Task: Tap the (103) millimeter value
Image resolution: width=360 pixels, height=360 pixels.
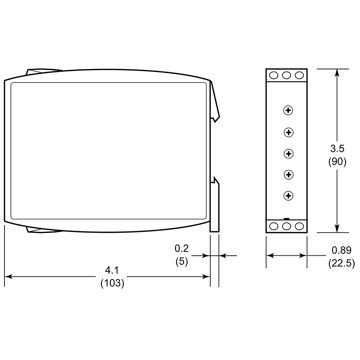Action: click(112, 283)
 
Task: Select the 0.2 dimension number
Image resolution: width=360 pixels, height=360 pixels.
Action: click(182, 249)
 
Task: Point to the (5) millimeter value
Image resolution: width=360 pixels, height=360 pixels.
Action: click(182, 261)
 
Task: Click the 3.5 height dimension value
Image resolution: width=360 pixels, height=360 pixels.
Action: click(337, 148)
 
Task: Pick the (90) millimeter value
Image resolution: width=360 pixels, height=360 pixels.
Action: click(337, 162)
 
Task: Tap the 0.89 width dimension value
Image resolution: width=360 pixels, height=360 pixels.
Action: click(341, 250)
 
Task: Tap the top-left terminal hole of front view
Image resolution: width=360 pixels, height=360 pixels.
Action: click(274, 75)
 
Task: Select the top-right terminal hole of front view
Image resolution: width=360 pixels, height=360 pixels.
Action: click(299, 75)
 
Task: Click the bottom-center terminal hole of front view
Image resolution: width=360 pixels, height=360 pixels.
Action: click(287, 226)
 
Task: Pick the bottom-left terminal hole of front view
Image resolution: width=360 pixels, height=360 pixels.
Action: click(274, 226)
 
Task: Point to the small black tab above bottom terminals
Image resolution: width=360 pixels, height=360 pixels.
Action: click(287, 218)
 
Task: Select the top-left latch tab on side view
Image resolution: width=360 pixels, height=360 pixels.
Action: click(43, 70)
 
